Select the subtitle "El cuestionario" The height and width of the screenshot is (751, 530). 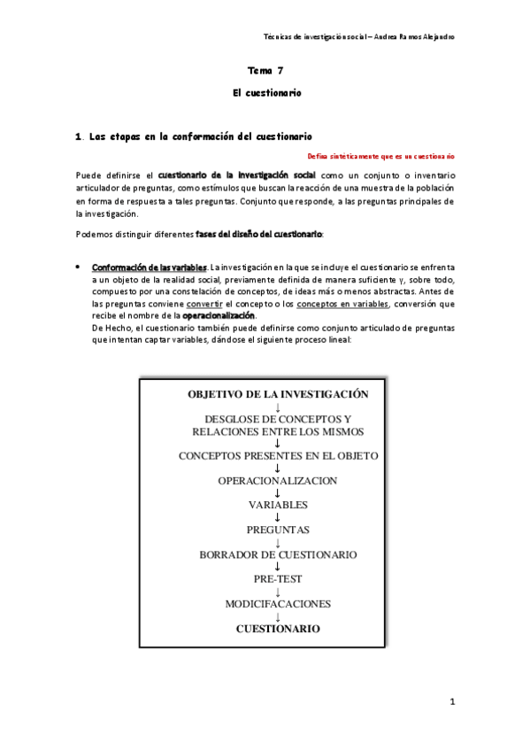tap(265, 92)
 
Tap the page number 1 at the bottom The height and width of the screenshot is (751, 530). tap(451, 702)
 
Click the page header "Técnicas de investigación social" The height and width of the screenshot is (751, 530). tap(324, 37)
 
